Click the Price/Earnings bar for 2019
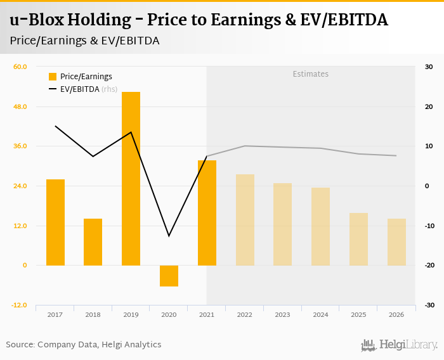pyautogui.click(x=131, y=179)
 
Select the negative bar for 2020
pyautogui.click(x=169, y=276)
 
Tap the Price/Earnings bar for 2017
pyautogui.click(x=55, y=222)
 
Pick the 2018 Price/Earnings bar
pyautogui.click(x=93, y=242)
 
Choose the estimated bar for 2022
pyautogui.click(x=245, y=220)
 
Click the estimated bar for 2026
pyautogui.click(x=396, y=242)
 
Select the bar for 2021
pyautogui.click(x=207, y=213)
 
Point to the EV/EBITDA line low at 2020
pyautogui.click(x=169, y=236)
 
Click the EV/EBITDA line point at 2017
pyautogui.click(x=55, y=126)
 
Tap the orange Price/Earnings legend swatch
pyautogui.click(x=53, y=77)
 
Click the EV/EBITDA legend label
pyautogui.click(x=80, y=89)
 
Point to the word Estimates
pyautogui.click(x=311, y=74)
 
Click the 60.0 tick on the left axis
pyautogui.click(x=21, y=67)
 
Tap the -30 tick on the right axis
pyautogui.click(x=428, y=305)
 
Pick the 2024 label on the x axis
pyautogui.click(x=320, y=315)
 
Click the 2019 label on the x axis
pyautogui.click(x=131, y=315)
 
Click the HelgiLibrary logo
pyautogui.click(x=399, y=345)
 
